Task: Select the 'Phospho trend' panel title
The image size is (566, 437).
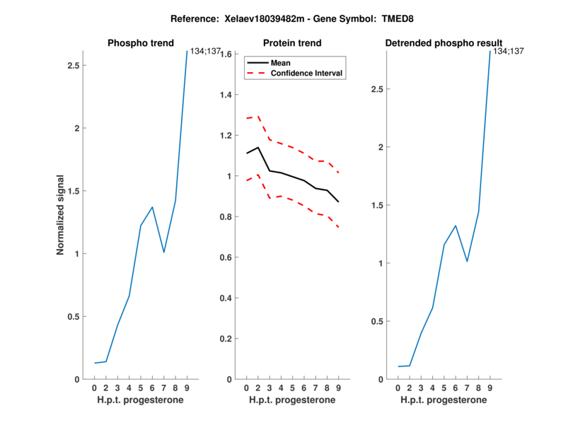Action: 141,43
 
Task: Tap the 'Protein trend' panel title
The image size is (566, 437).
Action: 292,43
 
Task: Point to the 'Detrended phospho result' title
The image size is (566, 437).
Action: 444,43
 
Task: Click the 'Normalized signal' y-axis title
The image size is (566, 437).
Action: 62,215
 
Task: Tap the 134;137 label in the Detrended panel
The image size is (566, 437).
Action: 509,51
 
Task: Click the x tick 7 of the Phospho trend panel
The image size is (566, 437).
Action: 163,388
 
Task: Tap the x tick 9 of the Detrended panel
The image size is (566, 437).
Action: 490,388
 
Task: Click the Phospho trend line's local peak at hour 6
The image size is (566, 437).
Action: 152,207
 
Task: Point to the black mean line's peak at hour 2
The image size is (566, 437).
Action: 258,147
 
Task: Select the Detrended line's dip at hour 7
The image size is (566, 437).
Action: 467,262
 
